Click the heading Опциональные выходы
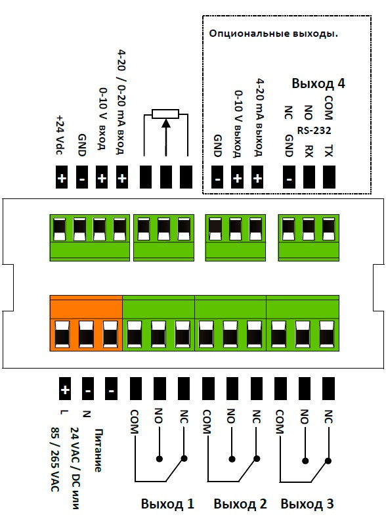[x=273, y=34]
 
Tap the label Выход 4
[x=318, y=83]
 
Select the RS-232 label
[x=314, y=131]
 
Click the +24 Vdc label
[x=61, y=135]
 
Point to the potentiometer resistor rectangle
[x=165, y=114]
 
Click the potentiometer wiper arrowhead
[x=165, y=123]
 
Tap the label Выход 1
[x=167, y=504]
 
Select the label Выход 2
[x=240, y=504]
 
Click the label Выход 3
[x=307, y=504]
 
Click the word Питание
[x=98, y=450]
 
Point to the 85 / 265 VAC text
[x=55, y=459]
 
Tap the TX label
[x=328, y=150]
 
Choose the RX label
[x=309, y=150]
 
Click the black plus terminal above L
[x=64, y=389]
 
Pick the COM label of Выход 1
[x=135, y=422]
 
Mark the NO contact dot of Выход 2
[x=232, y=459]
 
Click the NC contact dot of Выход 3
[x=328, y=461]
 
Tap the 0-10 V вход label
[x=103, y=118]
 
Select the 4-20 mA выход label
[x=260, y=117]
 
